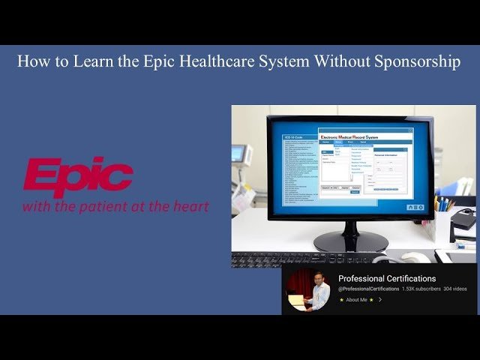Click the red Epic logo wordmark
pos(78,177)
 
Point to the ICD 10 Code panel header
pos(292,137)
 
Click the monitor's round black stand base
pos(350,241)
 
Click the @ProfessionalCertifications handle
pos(368,289)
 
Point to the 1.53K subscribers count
pos(421,289)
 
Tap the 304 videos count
pos(454,289)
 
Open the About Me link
pos(357,300)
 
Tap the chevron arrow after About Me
pos(380,300)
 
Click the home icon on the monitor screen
pos(409,207)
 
